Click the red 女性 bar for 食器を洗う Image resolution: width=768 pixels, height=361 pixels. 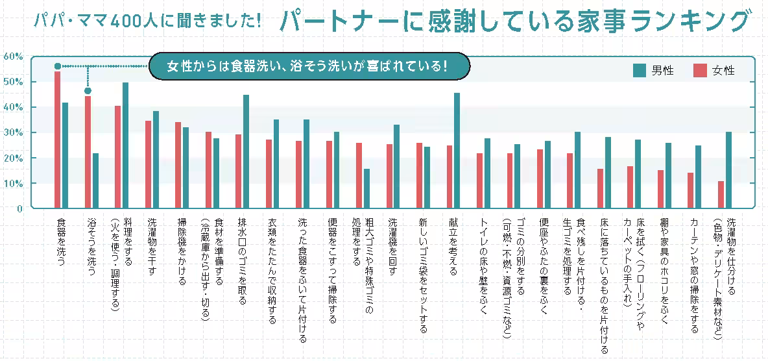[x=57, y=140]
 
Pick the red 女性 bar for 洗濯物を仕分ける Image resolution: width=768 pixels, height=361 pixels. [x=721, y=195]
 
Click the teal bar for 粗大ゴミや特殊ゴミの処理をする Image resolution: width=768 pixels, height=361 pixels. [x=366, y=188]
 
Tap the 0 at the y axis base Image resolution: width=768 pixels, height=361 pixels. [x=19, y=208]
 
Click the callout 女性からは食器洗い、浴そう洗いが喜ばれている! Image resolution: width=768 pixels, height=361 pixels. [x=307, y=66]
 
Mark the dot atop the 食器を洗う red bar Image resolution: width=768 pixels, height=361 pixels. [x=57, y=66]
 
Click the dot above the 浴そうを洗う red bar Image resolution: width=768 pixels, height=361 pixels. [x=88, y=91]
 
